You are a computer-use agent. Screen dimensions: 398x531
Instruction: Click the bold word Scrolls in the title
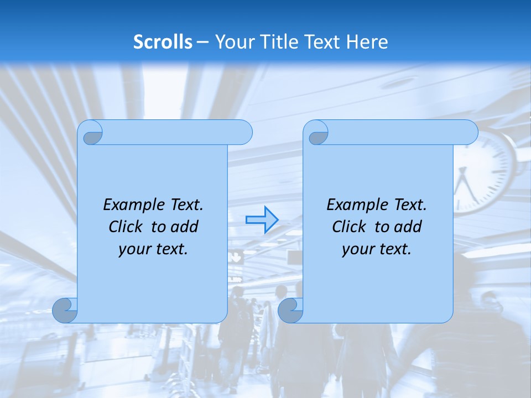tap(163, 42)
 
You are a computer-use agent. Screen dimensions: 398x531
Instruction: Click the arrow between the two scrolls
tap(262, 219)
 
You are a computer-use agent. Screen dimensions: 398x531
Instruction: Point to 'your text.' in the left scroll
tap(153, 249)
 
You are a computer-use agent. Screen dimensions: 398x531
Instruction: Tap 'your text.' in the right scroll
tap(377, 249)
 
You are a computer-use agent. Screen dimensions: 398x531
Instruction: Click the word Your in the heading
tap(232, 42)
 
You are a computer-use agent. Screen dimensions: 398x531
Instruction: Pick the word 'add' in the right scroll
tap(409, 227)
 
